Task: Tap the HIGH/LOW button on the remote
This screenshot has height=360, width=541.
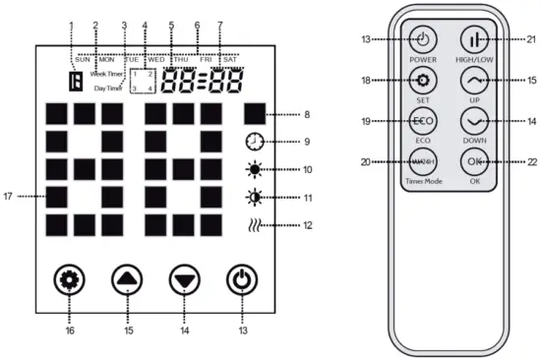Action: click(x=477, y=41)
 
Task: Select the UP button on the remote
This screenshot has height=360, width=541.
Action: click(x=477, y=80)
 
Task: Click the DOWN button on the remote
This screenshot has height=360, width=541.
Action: click(x=477, y=121)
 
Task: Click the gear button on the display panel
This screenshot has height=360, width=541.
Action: click(x=68, y=279)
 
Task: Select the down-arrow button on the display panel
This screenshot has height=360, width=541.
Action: click(x=183, y=279)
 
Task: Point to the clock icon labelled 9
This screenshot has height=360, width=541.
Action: click(x=255, y=141)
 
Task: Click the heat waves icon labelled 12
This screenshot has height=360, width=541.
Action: click(x=255, y=226)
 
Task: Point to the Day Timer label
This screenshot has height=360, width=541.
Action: click(x=109, y=89)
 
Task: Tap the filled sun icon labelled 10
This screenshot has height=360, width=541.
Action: click(x=255, y=168)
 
